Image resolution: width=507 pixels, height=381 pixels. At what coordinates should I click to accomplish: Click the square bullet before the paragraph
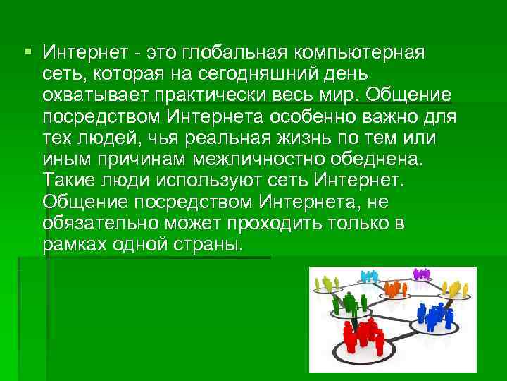[27, 52]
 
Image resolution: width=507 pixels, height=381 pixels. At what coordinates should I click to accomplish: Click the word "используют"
[210, 181]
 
